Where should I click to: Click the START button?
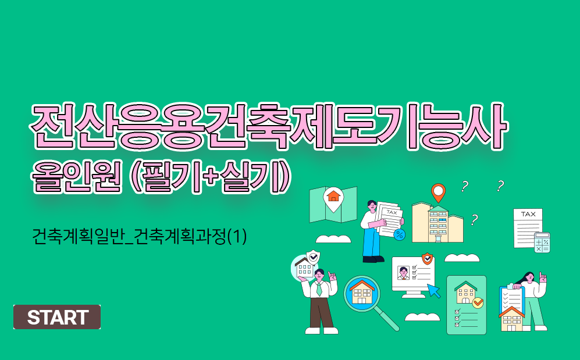click(x=57, y=317)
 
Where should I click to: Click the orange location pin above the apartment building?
click(x=438, y=191)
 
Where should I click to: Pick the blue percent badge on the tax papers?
click(x=400, y=234)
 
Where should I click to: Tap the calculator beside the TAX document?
click(x=542, y=243)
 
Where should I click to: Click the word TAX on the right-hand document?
click(x=528, y=214)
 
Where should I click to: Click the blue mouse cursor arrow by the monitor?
click(x=434, y=290)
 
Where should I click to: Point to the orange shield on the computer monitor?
click(x=427, y=258)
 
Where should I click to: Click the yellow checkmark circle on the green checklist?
click(x=478, y=302)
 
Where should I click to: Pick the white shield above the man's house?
click(x=314, y=256)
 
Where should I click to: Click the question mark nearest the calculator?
click(x=500, y=186)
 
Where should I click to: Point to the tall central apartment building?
click(x=437, y=223)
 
